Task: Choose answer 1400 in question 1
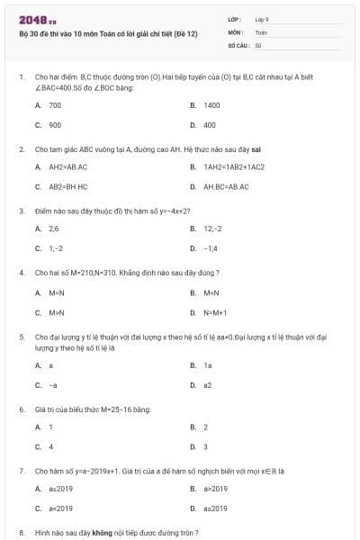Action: click(x=211, y=105)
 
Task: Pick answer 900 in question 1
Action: click(x=55, y=125)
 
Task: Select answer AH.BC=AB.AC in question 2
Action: click(x=225, y=186)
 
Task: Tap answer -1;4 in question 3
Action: click(x=211, y=247)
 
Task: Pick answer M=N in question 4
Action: click(x=57, y=292)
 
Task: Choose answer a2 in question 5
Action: click(x=207, y=384)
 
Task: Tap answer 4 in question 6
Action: click(x=50, y=446)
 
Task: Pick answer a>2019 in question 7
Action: click(x=215, y=489)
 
